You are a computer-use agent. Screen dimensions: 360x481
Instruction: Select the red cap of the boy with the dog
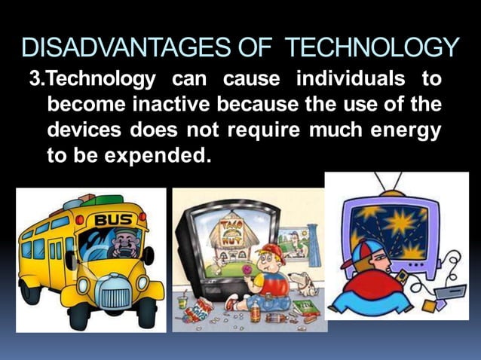pyautogui.click(x=271, y=252)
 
